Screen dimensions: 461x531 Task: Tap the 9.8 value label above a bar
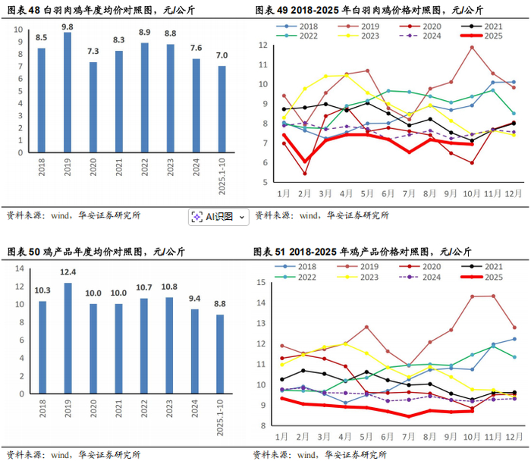tap(68, 27)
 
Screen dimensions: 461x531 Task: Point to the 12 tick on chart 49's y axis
tap(262, 45)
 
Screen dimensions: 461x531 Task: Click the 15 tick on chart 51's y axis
tap(262, 283)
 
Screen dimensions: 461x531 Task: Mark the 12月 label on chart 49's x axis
tap(513, 193)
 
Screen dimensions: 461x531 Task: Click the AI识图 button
tap(218, 217)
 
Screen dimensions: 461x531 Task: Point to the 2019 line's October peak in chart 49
tap(472, 47)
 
